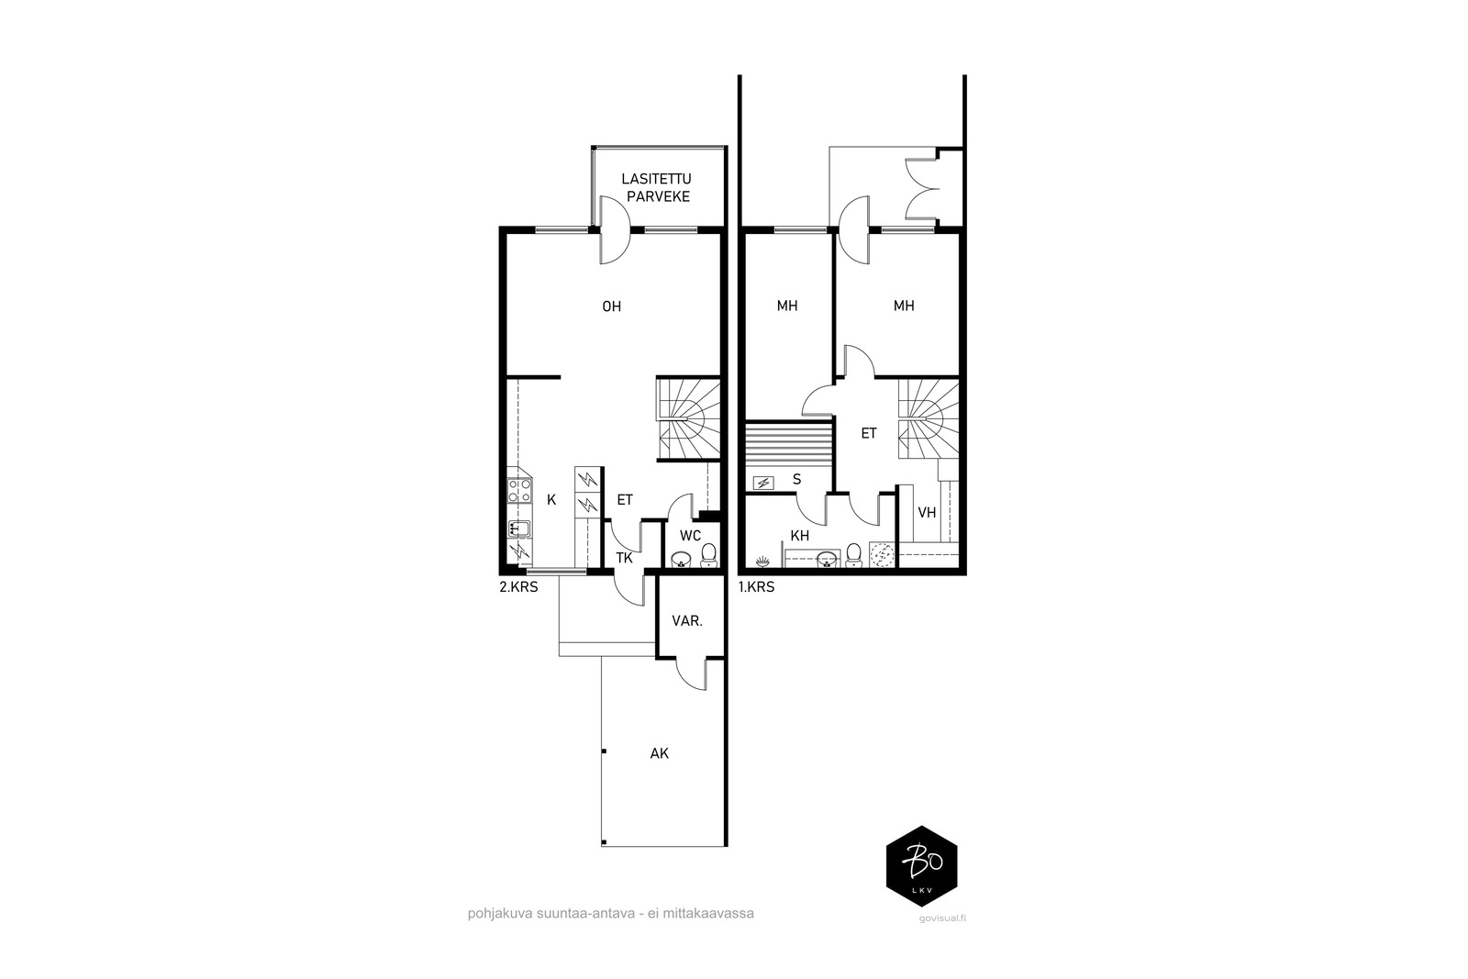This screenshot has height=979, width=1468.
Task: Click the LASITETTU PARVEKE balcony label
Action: click(657, 187)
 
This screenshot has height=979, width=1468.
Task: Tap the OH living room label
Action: click(611, 306)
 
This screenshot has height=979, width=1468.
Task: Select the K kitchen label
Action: click(551, 500)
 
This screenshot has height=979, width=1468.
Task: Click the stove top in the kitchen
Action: click(519, 491)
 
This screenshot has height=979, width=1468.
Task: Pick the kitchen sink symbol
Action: click(519, 528)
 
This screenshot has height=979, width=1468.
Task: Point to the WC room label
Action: click(690, 535)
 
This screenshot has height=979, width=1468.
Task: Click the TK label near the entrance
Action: click(624, 558)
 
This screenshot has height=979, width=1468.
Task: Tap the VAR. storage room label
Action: click(687, 620)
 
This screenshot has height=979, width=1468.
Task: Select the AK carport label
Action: click(660, 753)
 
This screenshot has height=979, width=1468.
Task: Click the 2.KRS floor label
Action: click(518, 587)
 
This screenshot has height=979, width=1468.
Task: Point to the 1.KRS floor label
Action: click(756, 587)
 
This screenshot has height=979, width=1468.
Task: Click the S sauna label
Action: click(797, 479)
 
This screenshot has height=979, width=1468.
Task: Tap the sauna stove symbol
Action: click(763, 483)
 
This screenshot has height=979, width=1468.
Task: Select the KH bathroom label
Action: click(799, 535)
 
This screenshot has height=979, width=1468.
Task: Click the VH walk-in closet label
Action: click(927, 512)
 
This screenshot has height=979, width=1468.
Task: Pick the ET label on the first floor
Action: click(868, 433)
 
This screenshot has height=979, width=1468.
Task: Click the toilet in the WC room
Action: click(708, 556)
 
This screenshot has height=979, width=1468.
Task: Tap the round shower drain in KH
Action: click(882, 555)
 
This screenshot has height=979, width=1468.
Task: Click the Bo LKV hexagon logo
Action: click(921, 866)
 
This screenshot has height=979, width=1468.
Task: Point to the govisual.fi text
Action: click(942, 918)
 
